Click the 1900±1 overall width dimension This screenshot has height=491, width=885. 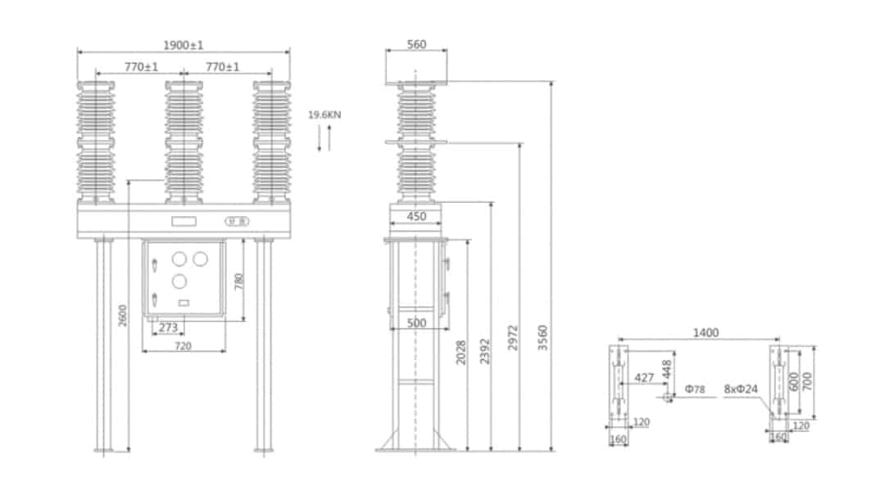pyautogui.click(x=183, y=45)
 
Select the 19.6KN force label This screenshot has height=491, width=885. pyautogui.click(x=324, y=115)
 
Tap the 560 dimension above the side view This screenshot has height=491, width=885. pyautogui.click(x=416, y=45)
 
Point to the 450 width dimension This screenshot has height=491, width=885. pyautogui.click(x=417, y=217)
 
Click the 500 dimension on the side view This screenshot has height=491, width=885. pyautogui.click(x=417, y=324)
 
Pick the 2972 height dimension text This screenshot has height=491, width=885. pyautogui.click(x=513, y=337)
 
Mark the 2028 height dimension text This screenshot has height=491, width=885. pyautogui.click(x=461, y=352)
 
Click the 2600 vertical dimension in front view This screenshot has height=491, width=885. pyautogui.click(x=123, y=315)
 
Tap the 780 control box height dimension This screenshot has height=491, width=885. pyautogui.click(x=239, y=282)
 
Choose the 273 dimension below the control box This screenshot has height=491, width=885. pyautogui.click(x=168, y=328)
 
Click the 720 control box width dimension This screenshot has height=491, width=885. pyautogui.click(x=183, y=346)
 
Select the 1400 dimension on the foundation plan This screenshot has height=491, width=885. pyautogui.click(x=706, y=333)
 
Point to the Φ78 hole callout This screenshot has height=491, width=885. pyautogui.click(x=695, y=389)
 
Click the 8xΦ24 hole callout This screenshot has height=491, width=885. pyautogui.click(x=741, y=389)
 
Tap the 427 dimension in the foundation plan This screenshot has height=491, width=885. pyautogui.click(x=645, y=378)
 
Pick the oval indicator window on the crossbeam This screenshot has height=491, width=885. pyautogui.click(x=237, y=220)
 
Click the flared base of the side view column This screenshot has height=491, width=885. pyautogui.click(x=415, y=442)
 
